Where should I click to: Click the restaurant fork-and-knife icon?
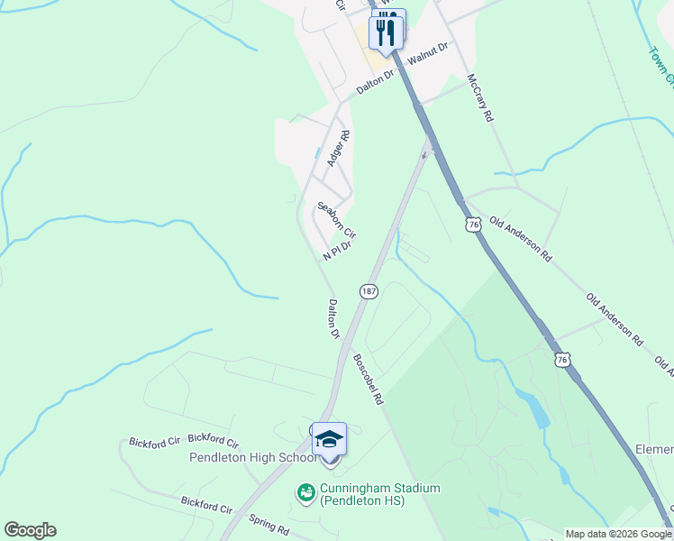click(387, 30)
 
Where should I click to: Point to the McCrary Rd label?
click(479, 98)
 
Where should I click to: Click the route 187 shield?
click(369, 291)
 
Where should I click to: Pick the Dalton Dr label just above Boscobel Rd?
click(333, 319)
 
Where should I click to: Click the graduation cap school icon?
click(329, 440)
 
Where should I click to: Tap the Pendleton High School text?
click(252, 457)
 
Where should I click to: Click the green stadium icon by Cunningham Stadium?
click(305, 492)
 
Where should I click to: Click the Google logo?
click(30, 530)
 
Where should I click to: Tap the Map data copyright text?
click(618, 534)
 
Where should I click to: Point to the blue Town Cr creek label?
click(660, 63)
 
